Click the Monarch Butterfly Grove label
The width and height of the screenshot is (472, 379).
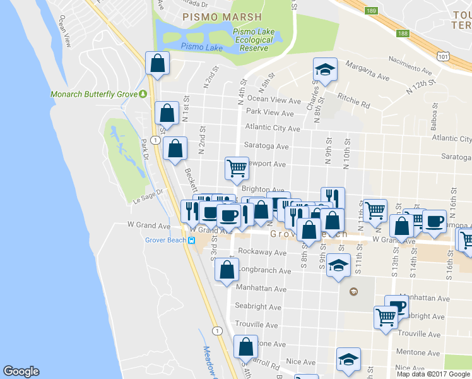click(94, 95)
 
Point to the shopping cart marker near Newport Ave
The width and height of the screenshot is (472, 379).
click(237, 168)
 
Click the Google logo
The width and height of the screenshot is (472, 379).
click(21, 371)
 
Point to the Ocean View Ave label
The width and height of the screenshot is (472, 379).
click(274, 100)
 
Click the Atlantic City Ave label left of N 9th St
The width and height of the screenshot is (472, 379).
click(272, 128)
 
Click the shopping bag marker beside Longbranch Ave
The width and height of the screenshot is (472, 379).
click(227, 270)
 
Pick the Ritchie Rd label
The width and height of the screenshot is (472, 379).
click(353, 100)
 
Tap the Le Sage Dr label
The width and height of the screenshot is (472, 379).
click(148, 196)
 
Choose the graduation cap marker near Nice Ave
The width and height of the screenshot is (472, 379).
click(348, 359)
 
